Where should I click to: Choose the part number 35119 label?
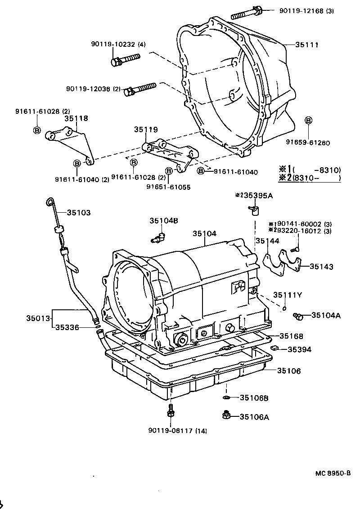pos(146,129)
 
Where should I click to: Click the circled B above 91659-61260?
pos(308,120)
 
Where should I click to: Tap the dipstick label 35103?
pos(79,213)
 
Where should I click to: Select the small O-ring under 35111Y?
pos(284,309)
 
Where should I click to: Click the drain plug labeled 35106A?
pos(227,415)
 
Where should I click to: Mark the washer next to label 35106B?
pos(227,397)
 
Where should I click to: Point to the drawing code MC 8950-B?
pos(333,473)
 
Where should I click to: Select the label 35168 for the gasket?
pos(291,336)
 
